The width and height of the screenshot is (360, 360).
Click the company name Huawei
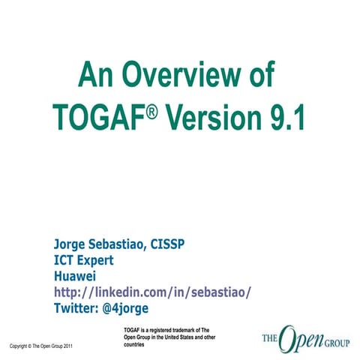pyautogui.click(x=76, y=276)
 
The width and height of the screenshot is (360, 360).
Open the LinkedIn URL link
pyautogui.click(x=151, y=292)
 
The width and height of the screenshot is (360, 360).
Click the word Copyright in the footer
pyautogui.click(x=19, y=346)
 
